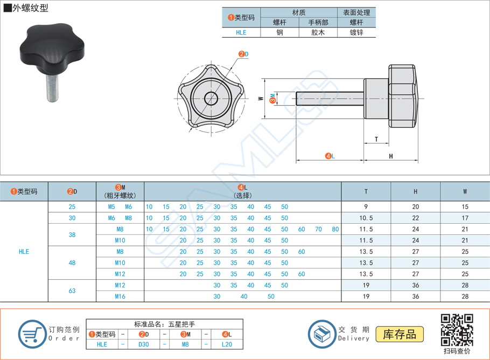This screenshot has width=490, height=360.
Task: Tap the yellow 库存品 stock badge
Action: coord(400,334)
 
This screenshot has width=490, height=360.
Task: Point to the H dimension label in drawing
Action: coord(391,156)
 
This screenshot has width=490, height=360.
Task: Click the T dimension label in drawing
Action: coord(376,140)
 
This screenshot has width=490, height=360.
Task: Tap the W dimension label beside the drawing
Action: coord(261,99)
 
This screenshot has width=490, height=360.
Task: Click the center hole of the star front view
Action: coord(211,98)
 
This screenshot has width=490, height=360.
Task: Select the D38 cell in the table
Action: coord(72,235)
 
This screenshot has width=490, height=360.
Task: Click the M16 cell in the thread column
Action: coord(120,296)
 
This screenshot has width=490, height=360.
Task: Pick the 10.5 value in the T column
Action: coord(366,218)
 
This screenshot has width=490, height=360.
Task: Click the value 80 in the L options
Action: coord(335,229)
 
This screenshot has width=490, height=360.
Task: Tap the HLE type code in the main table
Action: coord(24,252)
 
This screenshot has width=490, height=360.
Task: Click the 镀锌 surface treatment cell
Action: coord(356,32)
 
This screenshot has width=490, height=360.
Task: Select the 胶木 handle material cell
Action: coord(318,32)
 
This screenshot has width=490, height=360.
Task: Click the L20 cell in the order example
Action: coord(227,344)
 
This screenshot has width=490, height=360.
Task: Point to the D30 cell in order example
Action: coord(144,344)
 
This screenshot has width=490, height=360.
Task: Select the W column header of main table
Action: coord(465,191)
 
